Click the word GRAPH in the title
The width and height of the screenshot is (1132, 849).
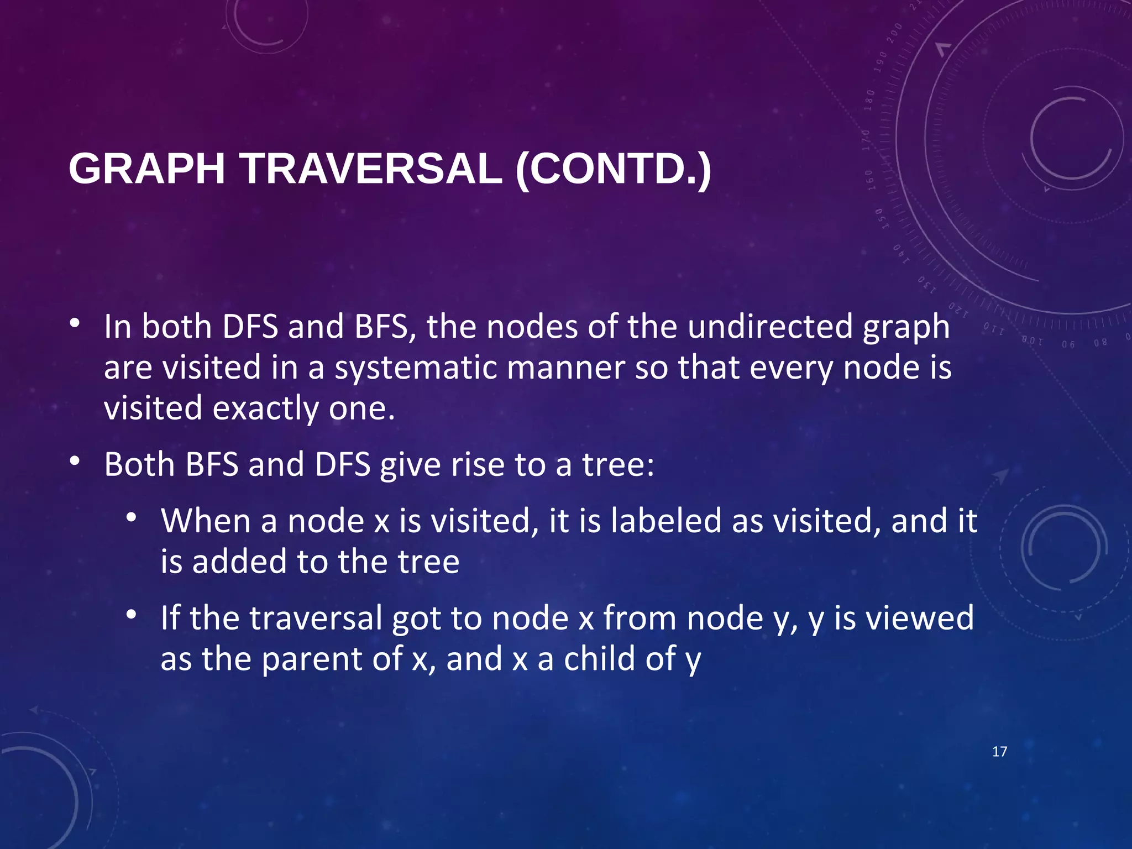click(x=146, y=169)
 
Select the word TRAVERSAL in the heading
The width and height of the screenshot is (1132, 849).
click(x=371, y=169)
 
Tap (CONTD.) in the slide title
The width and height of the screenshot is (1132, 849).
click(x=613, y=169)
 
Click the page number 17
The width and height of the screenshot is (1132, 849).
click(x=999, y=752)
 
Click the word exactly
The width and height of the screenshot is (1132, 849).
click(x=265, y=409)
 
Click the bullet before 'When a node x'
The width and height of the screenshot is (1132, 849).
click(x=131, y=517)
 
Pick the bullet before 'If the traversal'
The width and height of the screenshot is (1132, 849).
click(x=131, y=614)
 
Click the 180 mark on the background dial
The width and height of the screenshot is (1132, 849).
click(x=869, y=100)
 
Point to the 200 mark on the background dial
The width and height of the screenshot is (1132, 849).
click(x=894, y=34)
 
